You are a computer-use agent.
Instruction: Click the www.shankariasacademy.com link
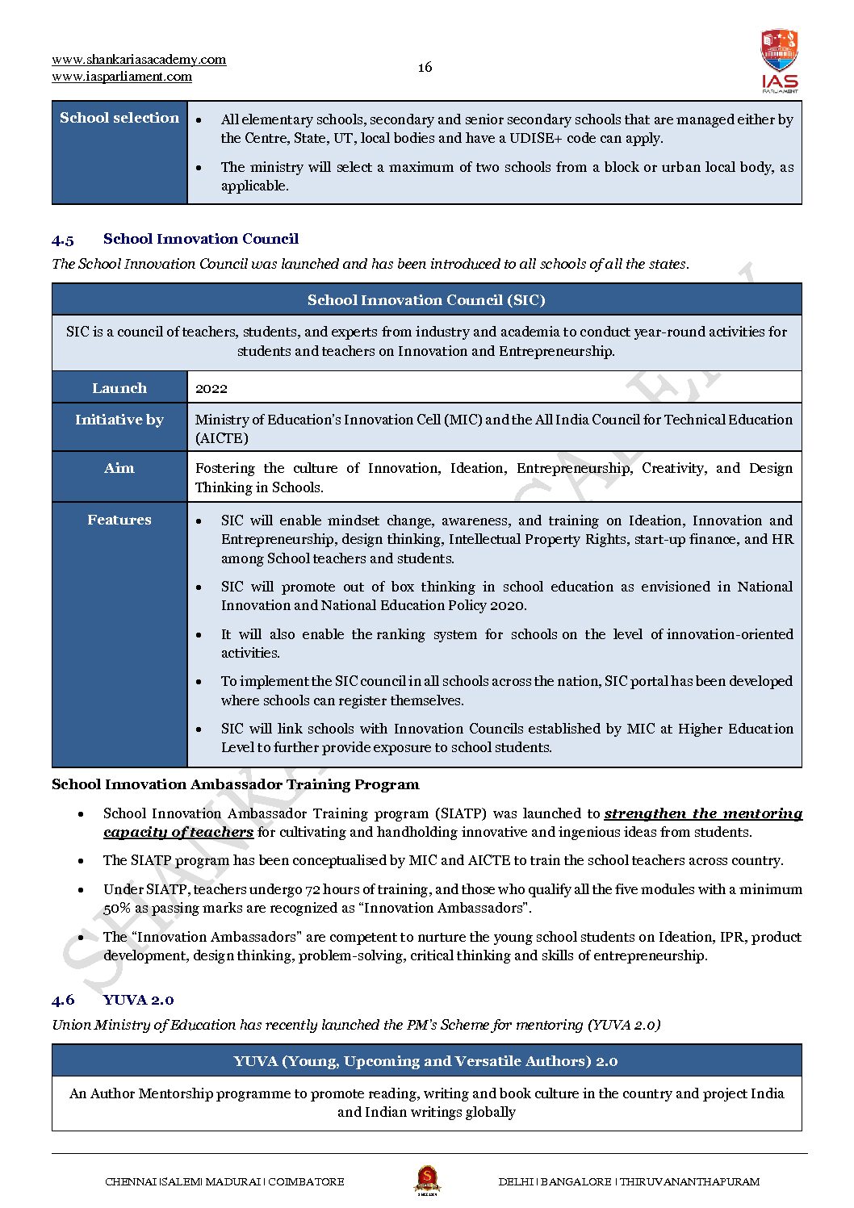[x=139, y=60]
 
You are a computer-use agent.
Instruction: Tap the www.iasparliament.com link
[x=122, y=77]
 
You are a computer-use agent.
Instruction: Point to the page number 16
[x=425, y=67]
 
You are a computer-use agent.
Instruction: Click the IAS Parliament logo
[x=779, y=61]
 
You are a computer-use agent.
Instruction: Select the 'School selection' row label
[x=119, y=118]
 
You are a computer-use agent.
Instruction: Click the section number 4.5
[x=63, y=240]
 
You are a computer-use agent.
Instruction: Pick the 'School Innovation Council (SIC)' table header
[x=426, y=300]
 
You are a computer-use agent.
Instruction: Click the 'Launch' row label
[x=119, y=388]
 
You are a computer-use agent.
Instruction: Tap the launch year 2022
[x=211, y=389]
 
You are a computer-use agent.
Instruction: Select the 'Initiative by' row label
[x=119, y=420]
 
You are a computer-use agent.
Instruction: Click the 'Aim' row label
[x=119, y=468]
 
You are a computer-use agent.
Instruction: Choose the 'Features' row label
[x=119, y=520]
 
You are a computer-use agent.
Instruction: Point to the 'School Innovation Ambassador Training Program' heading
[x=236, y=784]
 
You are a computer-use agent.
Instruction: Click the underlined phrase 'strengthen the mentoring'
[x=703, y=813]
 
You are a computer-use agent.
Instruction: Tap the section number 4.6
[x=63, y=1001]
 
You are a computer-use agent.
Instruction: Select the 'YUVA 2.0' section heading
[x=139, y=1001]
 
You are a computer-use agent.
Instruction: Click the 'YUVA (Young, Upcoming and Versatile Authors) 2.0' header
[x=426, y=1061]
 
